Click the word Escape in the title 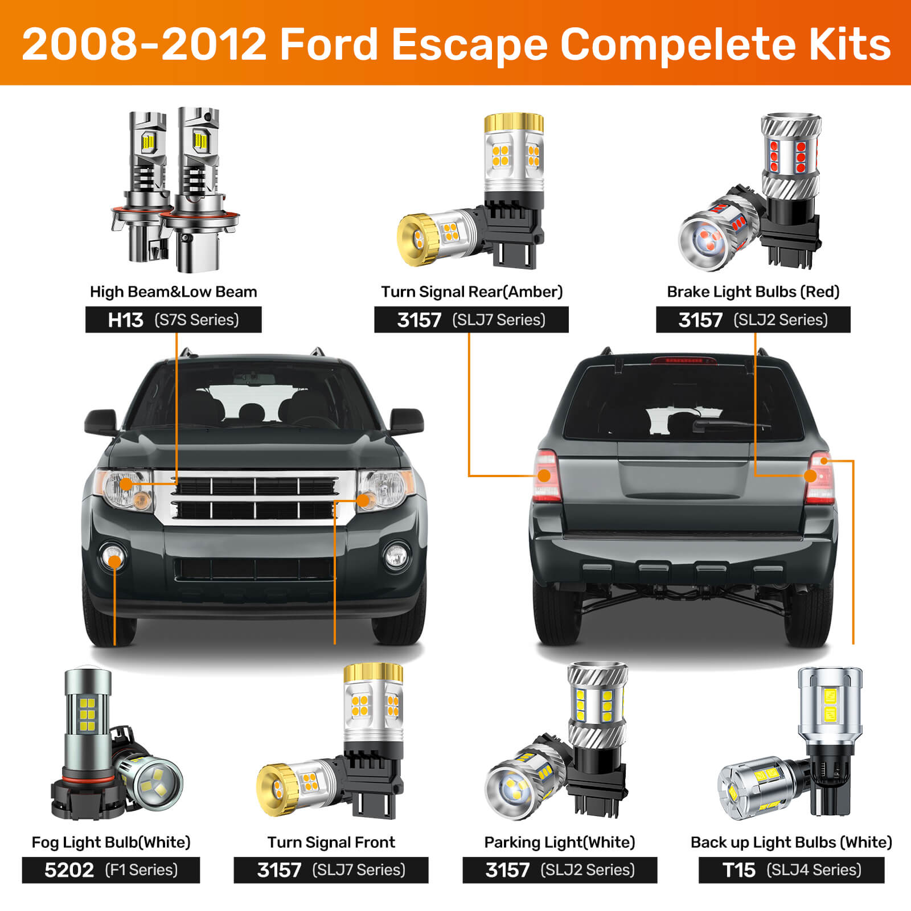coord(469,44)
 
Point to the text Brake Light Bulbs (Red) coord(753,292)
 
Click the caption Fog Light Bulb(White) coord(111,842)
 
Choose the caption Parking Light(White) coord(559,842)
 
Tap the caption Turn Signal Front coord(331,842)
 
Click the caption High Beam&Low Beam coord(173,292)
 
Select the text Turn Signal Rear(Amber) coord(471,292)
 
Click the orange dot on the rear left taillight coord(544,475)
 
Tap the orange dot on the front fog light coord(114,561)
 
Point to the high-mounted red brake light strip coord(677,360)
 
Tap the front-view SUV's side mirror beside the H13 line coord(100,422)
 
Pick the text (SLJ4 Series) coord(814,870)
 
